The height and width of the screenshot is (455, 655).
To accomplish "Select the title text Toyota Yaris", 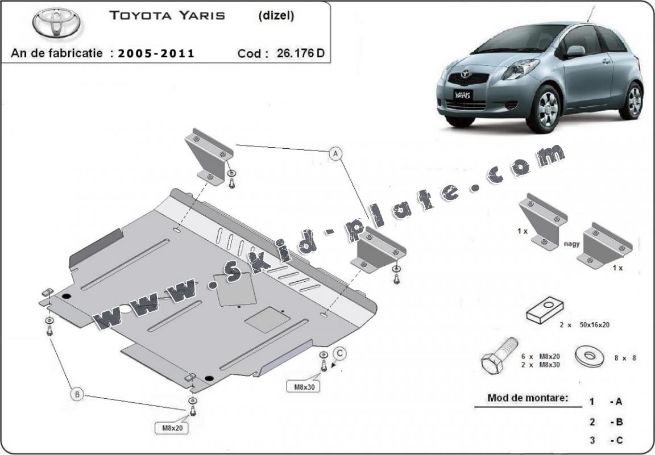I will click(167, 16).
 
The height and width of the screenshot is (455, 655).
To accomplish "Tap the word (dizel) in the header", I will click(276, 16).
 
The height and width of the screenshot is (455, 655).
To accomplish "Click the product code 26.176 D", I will click(301, 54).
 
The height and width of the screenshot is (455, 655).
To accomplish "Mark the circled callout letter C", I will click(339, 354).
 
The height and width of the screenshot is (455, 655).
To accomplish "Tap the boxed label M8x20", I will click(171, 427).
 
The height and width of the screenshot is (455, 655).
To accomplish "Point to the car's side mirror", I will click(575, 51).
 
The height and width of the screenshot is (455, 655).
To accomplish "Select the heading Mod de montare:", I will click(528, 398).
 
